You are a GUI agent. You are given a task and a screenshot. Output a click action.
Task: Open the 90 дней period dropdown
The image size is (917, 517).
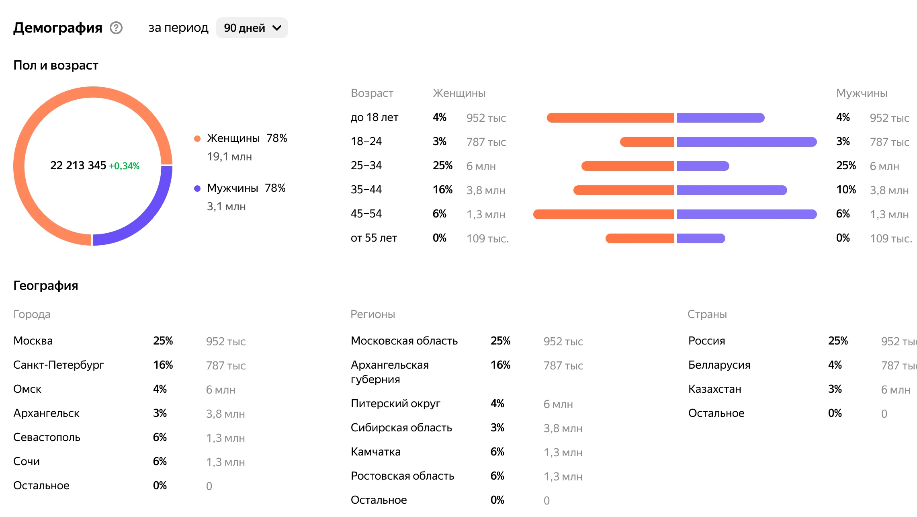tap(252, 28)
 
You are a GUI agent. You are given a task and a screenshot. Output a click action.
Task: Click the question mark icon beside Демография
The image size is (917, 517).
tap(116, 28)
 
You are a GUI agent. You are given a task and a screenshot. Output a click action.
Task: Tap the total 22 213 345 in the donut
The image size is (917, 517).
tap(78, 166)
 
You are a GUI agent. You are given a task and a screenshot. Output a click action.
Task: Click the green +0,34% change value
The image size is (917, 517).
tap(124, 166)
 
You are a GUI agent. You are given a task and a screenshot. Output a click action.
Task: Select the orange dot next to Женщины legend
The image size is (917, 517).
tap(197, 139)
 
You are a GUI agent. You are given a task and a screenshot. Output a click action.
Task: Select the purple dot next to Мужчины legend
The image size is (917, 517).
tap(197, 189)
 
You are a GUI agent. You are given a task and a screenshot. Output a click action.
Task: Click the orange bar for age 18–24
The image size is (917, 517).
tap(647, 142)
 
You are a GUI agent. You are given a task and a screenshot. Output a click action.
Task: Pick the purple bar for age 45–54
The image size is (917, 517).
tap(747, 214)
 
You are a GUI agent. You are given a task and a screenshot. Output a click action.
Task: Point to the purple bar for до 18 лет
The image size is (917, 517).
tap(720, 118)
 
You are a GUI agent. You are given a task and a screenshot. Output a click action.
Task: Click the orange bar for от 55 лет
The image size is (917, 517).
tap(640, 238)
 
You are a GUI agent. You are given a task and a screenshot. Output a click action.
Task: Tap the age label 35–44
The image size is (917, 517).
tap(366, 190)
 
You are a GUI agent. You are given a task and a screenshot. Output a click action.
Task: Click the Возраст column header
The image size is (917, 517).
tap(372, 93)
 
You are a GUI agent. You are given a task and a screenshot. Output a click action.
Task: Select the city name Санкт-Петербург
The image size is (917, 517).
tap(59, 365)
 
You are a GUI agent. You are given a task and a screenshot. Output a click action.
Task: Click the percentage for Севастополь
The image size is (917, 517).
tap(160, 437)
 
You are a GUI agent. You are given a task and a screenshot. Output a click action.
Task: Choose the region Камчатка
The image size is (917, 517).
tap(375, 452)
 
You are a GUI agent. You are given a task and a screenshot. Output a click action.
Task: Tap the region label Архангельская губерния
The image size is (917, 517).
tap(389, 372)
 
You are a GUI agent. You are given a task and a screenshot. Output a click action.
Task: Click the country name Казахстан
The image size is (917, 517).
tap(714, 389)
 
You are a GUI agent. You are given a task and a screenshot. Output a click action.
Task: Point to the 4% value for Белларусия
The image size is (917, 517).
tap(835, 365)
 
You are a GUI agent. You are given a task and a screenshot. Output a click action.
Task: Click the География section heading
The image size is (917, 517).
tap(46, 285)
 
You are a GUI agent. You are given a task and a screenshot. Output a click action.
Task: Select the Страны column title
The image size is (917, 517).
tap(707, 314)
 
